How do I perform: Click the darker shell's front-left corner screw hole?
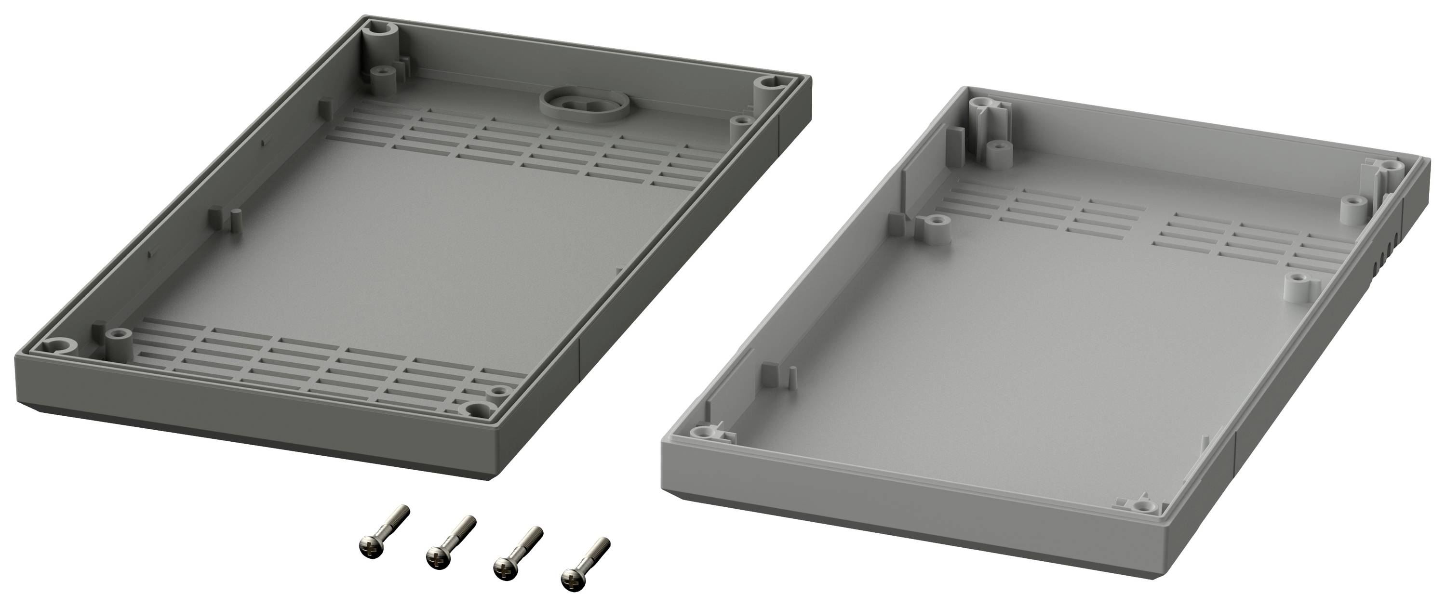[x=57, y=347]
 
